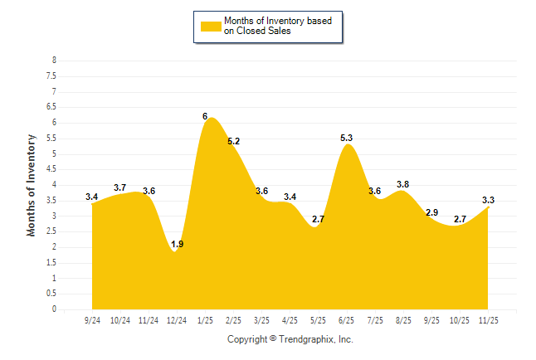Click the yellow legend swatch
coord(211,26)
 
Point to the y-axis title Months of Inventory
coord(32,185)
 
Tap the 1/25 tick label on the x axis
coord(205,320)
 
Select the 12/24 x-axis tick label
coord(177,320)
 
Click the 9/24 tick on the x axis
coord(92,320)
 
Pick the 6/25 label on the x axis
coord(347,320)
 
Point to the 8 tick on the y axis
coord(54,61)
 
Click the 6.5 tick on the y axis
coord(51,107)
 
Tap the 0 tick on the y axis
coord(54,309)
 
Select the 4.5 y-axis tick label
coord(51,169)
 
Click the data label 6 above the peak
coord(205,116)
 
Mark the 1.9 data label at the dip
coord(177,244)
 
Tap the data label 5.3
coord(347,138)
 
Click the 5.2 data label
coord(233,141)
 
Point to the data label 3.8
coord(403,184)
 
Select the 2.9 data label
coord(431,212)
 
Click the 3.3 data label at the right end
coord(489,200)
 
